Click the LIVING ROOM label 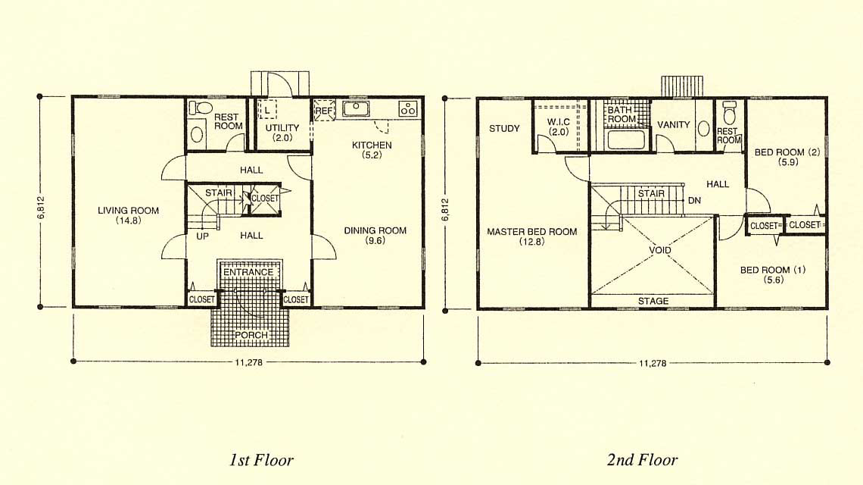128,215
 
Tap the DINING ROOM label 375,236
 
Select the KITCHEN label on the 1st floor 372,150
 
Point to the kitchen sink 356,108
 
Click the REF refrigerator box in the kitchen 324,110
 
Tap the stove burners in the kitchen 408,108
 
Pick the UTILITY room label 282,133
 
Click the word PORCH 251,335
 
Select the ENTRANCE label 248,272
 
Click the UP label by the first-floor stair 203,236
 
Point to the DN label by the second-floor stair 695,201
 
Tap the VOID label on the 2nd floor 660,250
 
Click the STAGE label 653,301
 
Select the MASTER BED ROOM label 532,236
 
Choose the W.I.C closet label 559,127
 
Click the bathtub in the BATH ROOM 626,139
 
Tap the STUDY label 504,128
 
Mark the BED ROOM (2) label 787,157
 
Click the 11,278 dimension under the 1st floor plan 249,362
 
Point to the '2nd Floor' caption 643,460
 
